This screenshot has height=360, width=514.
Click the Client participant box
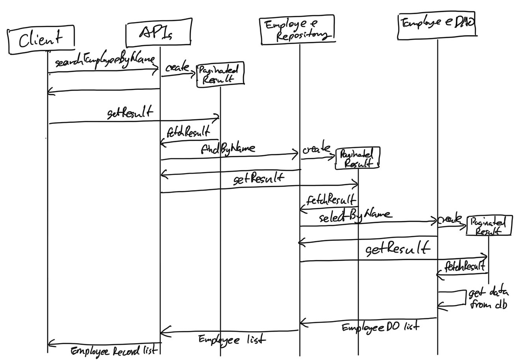41,39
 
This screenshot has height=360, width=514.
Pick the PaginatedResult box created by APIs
220,74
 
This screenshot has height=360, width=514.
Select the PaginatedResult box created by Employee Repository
358,158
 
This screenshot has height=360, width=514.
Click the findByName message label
228,149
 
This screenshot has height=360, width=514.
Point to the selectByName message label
355,216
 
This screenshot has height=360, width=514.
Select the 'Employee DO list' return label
380,327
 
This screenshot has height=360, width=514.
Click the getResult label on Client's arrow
130,113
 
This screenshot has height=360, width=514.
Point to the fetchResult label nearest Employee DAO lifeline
464,267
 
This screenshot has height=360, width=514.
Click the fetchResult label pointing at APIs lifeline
188,131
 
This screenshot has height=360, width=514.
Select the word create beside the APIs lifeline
177,68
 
